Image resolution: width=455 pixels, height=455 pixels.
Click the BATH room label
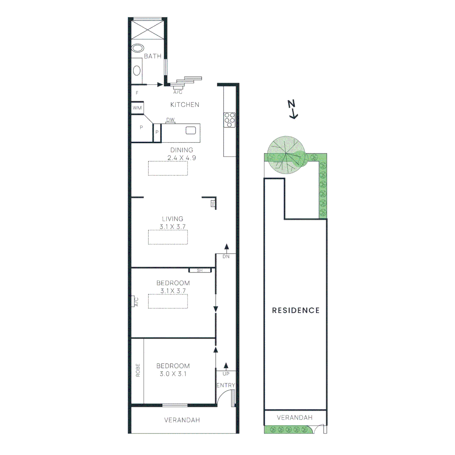tap(153, 56)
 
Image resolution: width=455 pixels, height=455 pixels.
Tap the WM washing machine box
tap(137, 108)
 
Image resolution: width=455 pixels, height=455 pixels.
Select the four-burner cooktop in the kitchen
tap(230, 120)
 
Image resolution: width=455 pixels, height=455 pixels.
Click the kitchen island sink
tap(191, 131)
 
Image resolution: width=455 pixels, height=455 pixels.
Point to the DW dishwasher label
tap(170, 120)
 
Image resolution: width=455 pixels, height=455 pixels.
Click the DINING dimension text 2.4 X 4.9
tap(182, 158)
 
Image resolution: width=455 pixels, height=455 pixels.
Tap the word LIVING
tap(173, 219)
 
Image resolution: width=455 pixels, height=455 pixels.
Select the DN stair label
tap(226, 256)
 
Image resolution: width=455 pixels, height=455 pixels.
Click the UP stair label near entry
tap(226, 374)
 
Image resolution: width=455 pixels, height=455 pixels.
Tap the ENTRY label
tap(225, 385)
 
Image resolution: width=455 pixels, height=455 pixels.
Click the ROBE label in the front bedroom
tap(137, 370)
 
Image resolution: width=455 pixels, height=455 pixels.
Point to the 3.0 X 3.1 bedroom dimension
tap(173, 374)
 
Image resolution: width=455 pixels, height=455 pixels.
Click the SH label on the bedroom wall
tap(199, 270)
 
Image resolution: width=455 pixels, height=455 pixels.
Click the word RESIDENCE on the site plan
tap(296, 310)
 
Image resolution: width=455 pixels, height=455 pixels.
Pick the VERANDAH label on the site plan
tap(294, 418)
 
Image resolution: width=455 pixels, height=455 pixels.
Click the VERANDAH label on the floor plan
tap(182, 420)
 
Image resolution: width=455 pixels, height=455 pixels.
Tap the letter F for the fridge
tap(137, 93)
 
